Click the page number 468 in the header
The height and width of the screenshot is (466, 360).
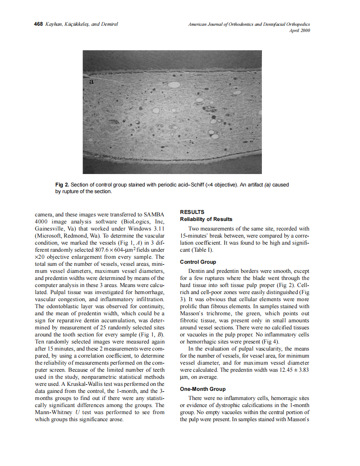click(38, 24)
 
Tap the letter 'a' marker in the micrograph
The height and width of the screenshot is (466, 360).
click(92, 82)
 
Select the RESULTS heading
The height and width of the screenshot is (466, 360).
click(192, 212)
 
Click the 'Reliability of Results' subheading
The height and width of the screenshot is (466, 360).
click(206, 219)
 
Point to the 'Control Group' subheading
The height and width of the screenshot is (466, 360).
click(198, 262)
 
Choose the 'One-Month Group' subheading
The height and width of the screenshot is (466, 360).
click(203, 389)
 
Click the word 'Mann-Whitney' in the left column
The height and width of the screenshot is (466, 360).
click(53, 412)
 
